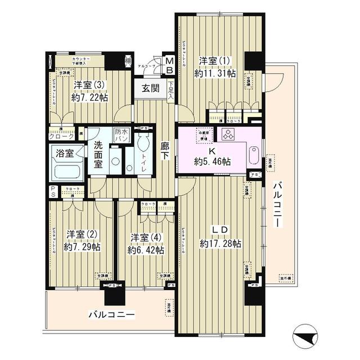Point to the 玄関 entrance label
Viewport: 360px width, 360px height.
(150, 88)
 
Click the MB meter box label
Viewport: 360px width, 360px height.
(168, 65)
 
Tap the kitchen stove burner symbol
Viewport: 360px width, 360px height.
(229, 134)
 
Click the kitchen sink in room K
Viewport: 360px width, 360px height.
(253, 155)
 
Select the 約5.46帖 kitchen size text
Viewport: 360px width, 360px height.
(212, 161)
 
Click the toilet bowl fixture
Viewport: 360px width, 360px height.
(145, 142)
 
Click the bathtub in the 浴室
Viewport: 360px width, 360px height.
(66, 167)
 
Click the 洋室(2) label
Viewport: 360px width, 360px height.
(79, 235)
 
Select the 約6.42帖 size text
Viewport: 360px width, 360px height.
(145, 249)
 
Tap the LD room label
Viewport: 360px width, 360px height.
(219, 231)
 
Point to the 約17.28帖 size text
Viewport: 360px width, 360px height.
(220, 244)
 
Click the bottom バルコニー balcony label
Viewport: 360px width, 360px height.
(111, 315)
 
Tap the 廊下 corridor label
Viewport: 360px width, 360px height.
(165, 149)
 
